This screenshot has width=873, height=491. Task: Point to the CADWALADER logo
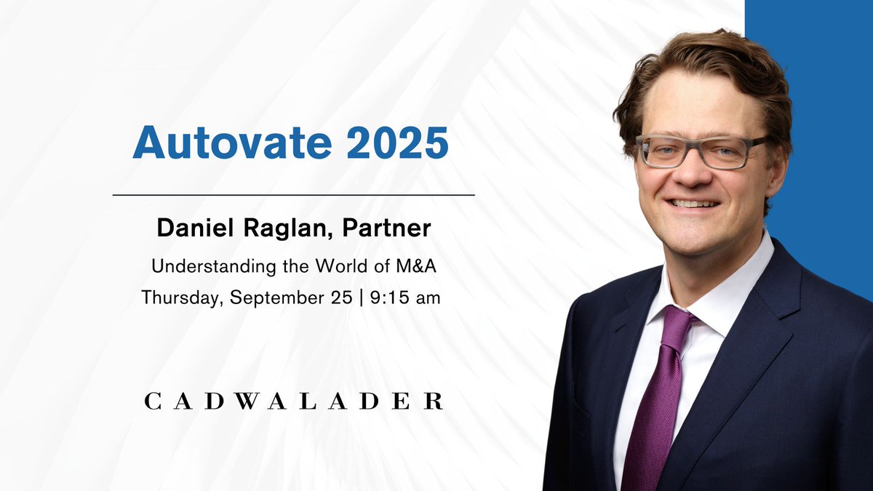tap(293, 401)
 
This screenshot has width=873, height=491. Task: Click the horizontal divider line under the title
tap(293, 195)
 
